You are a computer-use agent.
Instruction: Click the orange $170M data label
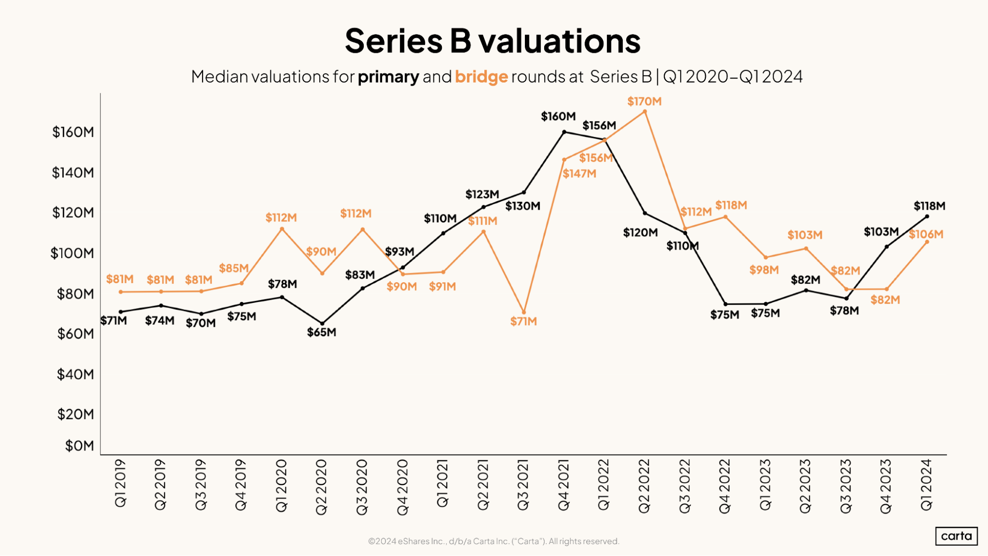[x=644, y=101]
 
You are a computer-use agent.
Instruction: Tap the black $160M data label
[x=558, y=117]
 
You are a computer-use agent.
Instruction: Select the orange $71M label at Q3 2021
[x=523, y=321]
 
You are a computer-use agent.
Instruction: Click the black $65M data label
[x=321, y=332]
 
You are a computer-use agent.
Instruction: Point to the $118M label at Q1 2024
[x=929, y=206]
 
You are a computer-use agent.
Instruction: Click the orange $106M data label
[x=926, y=234]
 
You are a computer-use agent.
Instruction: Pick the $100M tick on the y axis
[x=72, y=254]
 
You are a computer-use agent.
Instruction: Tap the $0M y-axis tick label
[x=79, y=446]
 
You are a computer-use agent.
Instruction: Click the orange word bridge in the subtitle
[x=481, y=77]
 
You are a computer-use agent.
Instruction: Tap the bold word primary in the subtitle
[x=388, y=77]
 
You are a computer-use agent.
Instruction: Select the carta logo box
[x=956, y=536]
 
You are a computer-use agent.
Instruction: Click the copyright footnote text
[x=493, y=541]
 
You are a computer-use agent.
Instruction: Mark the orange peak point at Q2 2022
[x=644, y=112]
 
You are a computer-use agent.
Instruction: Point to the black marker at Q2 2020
[x=322, y=324]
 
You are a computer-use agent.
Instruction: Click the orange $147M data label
[x=579, y=174]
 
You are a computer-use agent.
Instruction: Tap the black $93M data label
[x=399, y=252]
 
